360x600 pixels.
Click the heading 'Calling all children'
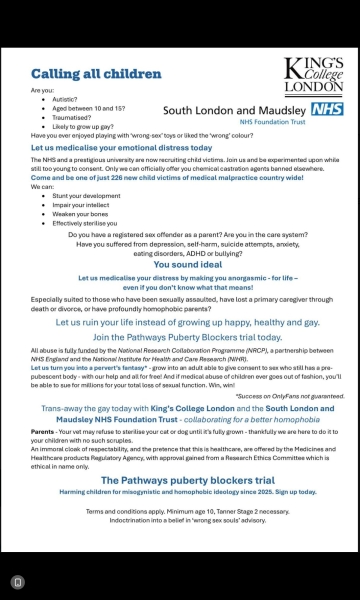coord(96,74)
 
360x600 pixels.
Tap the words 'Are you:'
coord(43,90)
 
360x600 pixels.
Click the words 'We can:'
coord(43,186)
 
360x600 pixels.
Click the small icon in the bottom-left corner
coord(17,581)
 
